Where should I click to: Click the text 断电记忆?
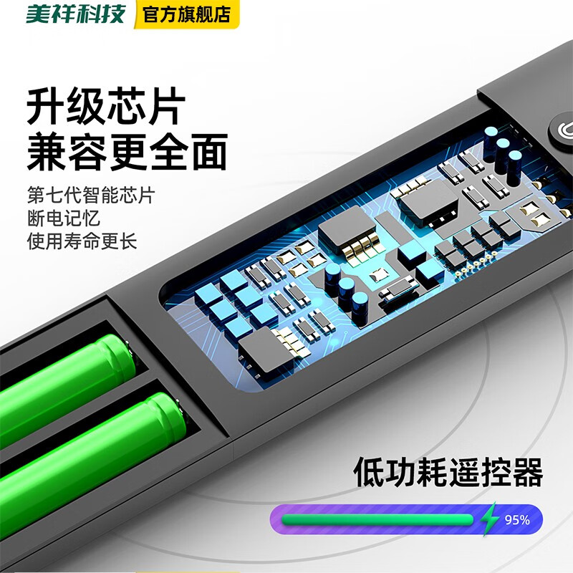point(63,218)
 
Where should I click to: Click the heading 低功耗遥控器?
point(448,473)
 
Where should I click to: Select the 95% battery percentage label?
point(516,520)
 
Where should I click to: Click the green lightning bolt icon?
point(490,519)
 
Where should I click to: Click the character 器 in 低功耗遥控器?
point(527,473)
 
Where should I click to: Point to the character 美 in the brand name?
point(37,14)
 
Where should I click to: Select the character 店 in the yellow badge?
point(222,14)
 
